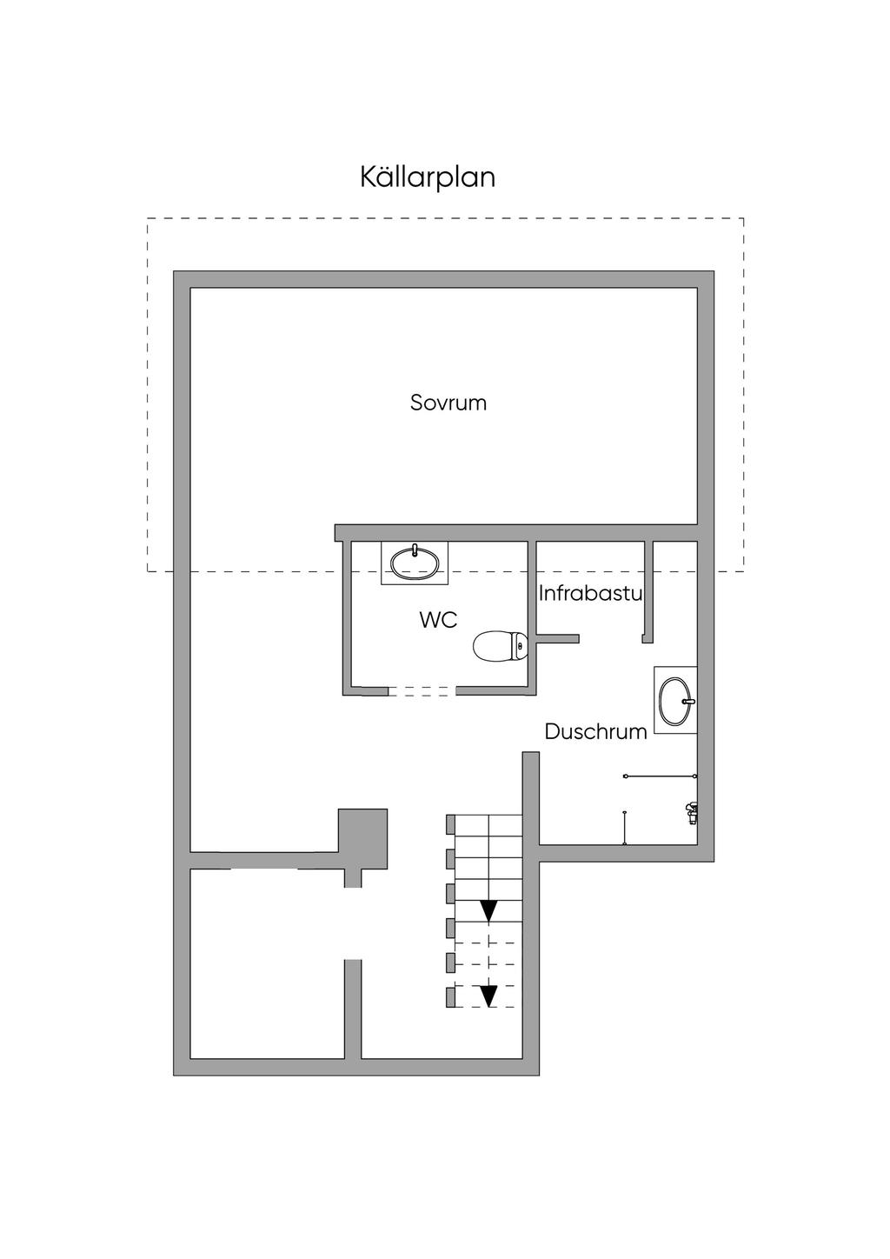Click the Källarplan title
[427, 177]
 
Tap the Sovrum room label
[448, 403]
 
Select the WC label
[438, 620]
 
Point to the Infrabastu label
[590, 594]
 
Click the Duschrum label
[595, 732]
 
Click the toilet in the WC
[501, 646]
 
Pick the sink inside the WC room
[415, 563]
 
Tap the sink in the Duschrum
[675, 700]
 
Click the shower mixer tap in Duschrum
[692, 813]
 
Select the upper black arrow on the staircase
[489, 911]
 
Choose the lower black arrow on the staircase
[489, 996]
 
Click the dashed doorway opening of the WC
[422, 691]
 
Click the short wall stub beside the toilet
[557, 638]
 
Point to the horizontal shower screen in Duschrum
[661, 776]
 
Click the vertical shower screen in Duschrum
[624, 828]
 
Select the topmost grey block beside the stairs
[450, 824]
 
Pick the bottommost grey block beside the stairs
[450, 997]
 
